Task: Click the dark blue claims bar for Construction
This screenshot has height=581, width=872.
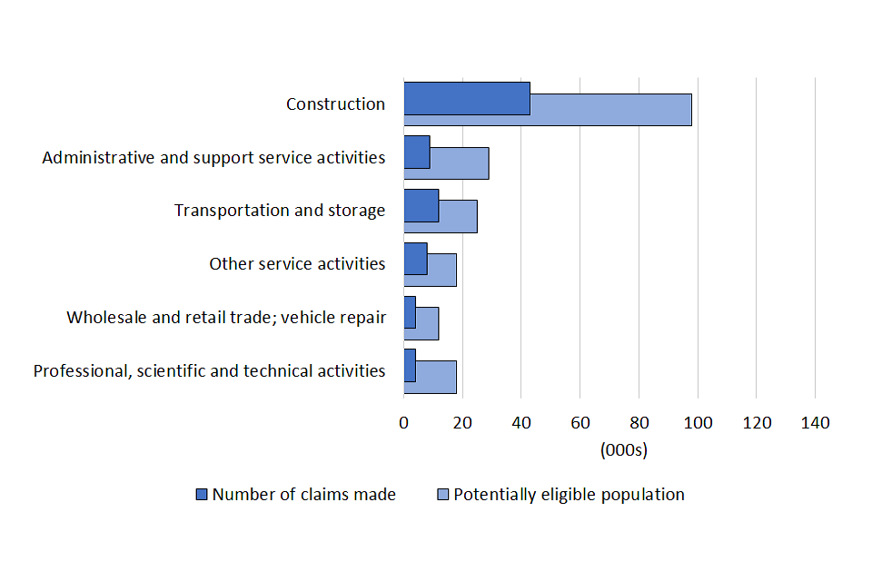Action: (x=467, y=98)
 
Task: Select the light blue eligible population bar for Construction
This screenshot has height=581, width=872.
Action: (x=610, y=110)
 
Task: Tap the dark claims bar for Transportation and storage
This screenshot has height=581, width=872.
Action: (x=421, y=205)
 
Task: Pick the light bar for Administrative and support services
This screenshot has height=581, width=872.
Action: (x=460, y=162)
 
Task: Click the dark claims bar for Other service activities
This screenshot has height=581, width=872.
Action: (x=415, y=258)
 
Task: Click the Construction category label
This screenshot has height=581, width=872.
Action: (x=335, y=104)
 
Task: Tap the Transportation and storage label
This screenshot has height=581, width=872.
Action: (x=280, y=211)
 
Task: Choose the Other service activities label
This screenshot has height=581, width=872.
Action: (x=297, y=264)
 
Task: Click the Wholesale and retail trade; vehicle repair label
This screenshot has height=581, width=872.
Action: (x=226, y=318)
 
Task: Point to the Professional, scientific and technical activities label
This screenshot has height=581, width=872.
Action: (x=209, y=371)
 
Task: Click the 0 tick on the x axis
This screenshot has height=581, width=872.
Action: (x=403, y=422)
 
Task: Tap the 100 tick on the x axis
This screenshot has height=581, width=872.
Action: (x=698, y=422)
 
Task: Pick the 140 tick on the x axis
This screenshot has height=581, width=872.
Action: (x=815, y=422)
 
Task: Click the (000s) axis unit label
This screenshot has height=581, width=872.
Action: (x=622, y=449)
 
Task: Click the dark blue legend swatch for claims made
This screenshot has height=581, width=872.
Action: (x=203, y=495)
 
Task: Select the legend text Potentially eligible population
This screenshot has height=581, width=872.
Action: (x=569, y=495)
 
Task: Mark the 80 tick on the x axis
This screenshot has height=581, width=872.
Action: (x=639, y=422)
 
